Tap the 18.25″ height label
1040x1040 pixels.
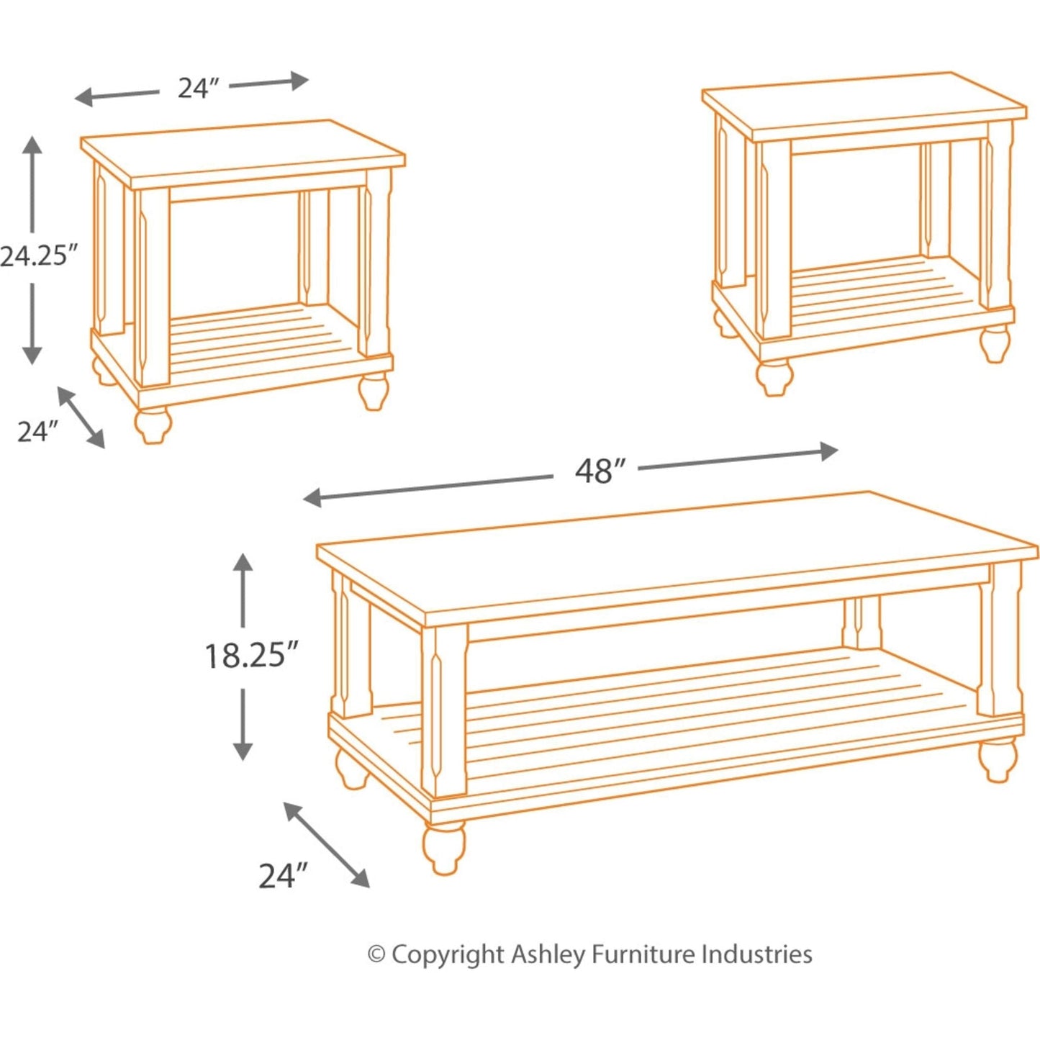tap(250, 656)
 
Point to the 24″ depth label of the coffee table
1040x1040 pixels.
tap(283, 876)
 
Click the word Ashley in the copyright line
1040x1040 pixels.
tap(548, 954)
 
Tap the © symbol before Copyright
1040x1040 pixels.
tap(376, 955)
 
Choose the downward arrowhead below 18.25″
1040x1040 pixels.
tap(243, 751)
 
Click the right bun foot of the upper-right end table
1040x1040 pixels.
tap(995, 343)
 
